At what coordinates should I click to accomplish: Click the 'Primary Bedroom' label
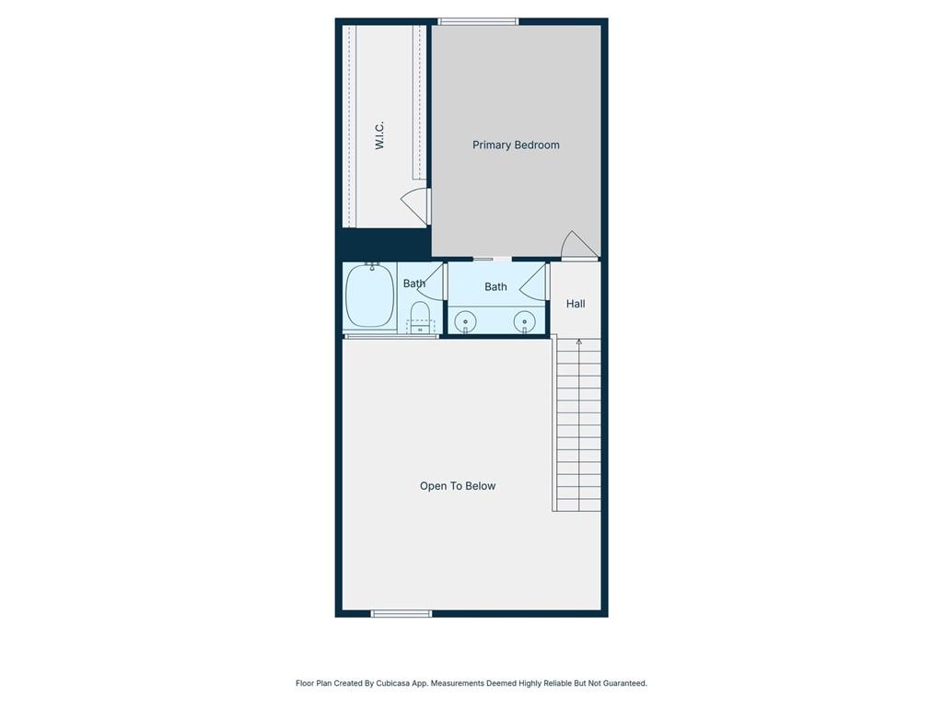(516, 145)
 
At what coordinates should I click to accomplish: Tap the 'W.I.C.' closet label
(379, 135)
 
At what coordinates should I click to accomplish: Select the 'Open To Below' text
(458, 486)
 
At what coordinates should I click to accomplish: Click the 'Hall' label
(576, 304)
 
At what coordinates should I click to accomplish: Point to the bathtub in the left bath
(369, 296)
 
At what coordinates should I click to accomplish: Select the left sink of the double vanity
(466, 321)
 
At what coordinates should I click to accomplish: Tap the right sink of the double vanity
(525, 321)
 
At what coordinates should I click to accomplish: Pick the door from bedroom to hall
(579, 247)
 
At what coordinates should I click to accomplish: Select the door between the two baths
(433, 281)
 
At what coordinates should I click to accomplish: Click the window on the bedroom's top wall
(478, 21)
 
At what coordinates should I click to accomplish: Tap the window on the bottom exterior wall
(401, 613)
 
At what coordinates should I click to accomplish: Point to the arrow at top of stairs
(579, 342)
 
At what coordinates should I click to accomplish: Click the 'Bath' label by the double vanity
(495, 287)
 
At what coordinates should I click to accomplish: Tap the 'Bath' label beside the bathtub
(413, 284)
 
